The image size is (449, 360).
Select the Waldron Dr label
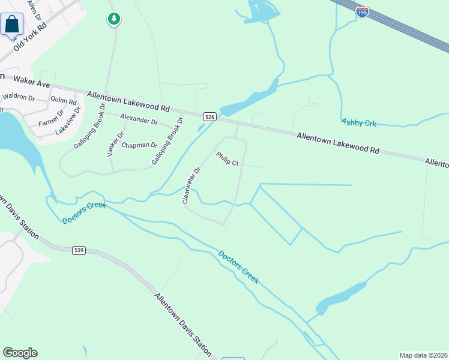point(18,96)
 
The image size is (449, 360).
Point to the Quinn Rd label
point(64,101)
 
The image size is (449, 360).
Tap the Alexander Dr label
point(138,120)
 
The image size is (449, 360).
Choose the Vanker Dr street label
point(115,144)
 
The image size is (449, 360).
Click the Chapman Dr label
point(139,145)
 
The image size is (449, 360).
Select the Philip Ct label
point(228,159)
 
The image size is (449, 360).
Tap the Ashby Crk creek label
point(358,122)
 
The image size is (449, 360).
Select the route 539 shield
point(79,250)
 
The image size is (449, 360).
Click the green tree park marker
point(113,20)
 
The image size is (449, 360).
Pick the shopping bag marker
point(11,25)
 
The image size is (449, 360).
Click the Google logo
point(20,353)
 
